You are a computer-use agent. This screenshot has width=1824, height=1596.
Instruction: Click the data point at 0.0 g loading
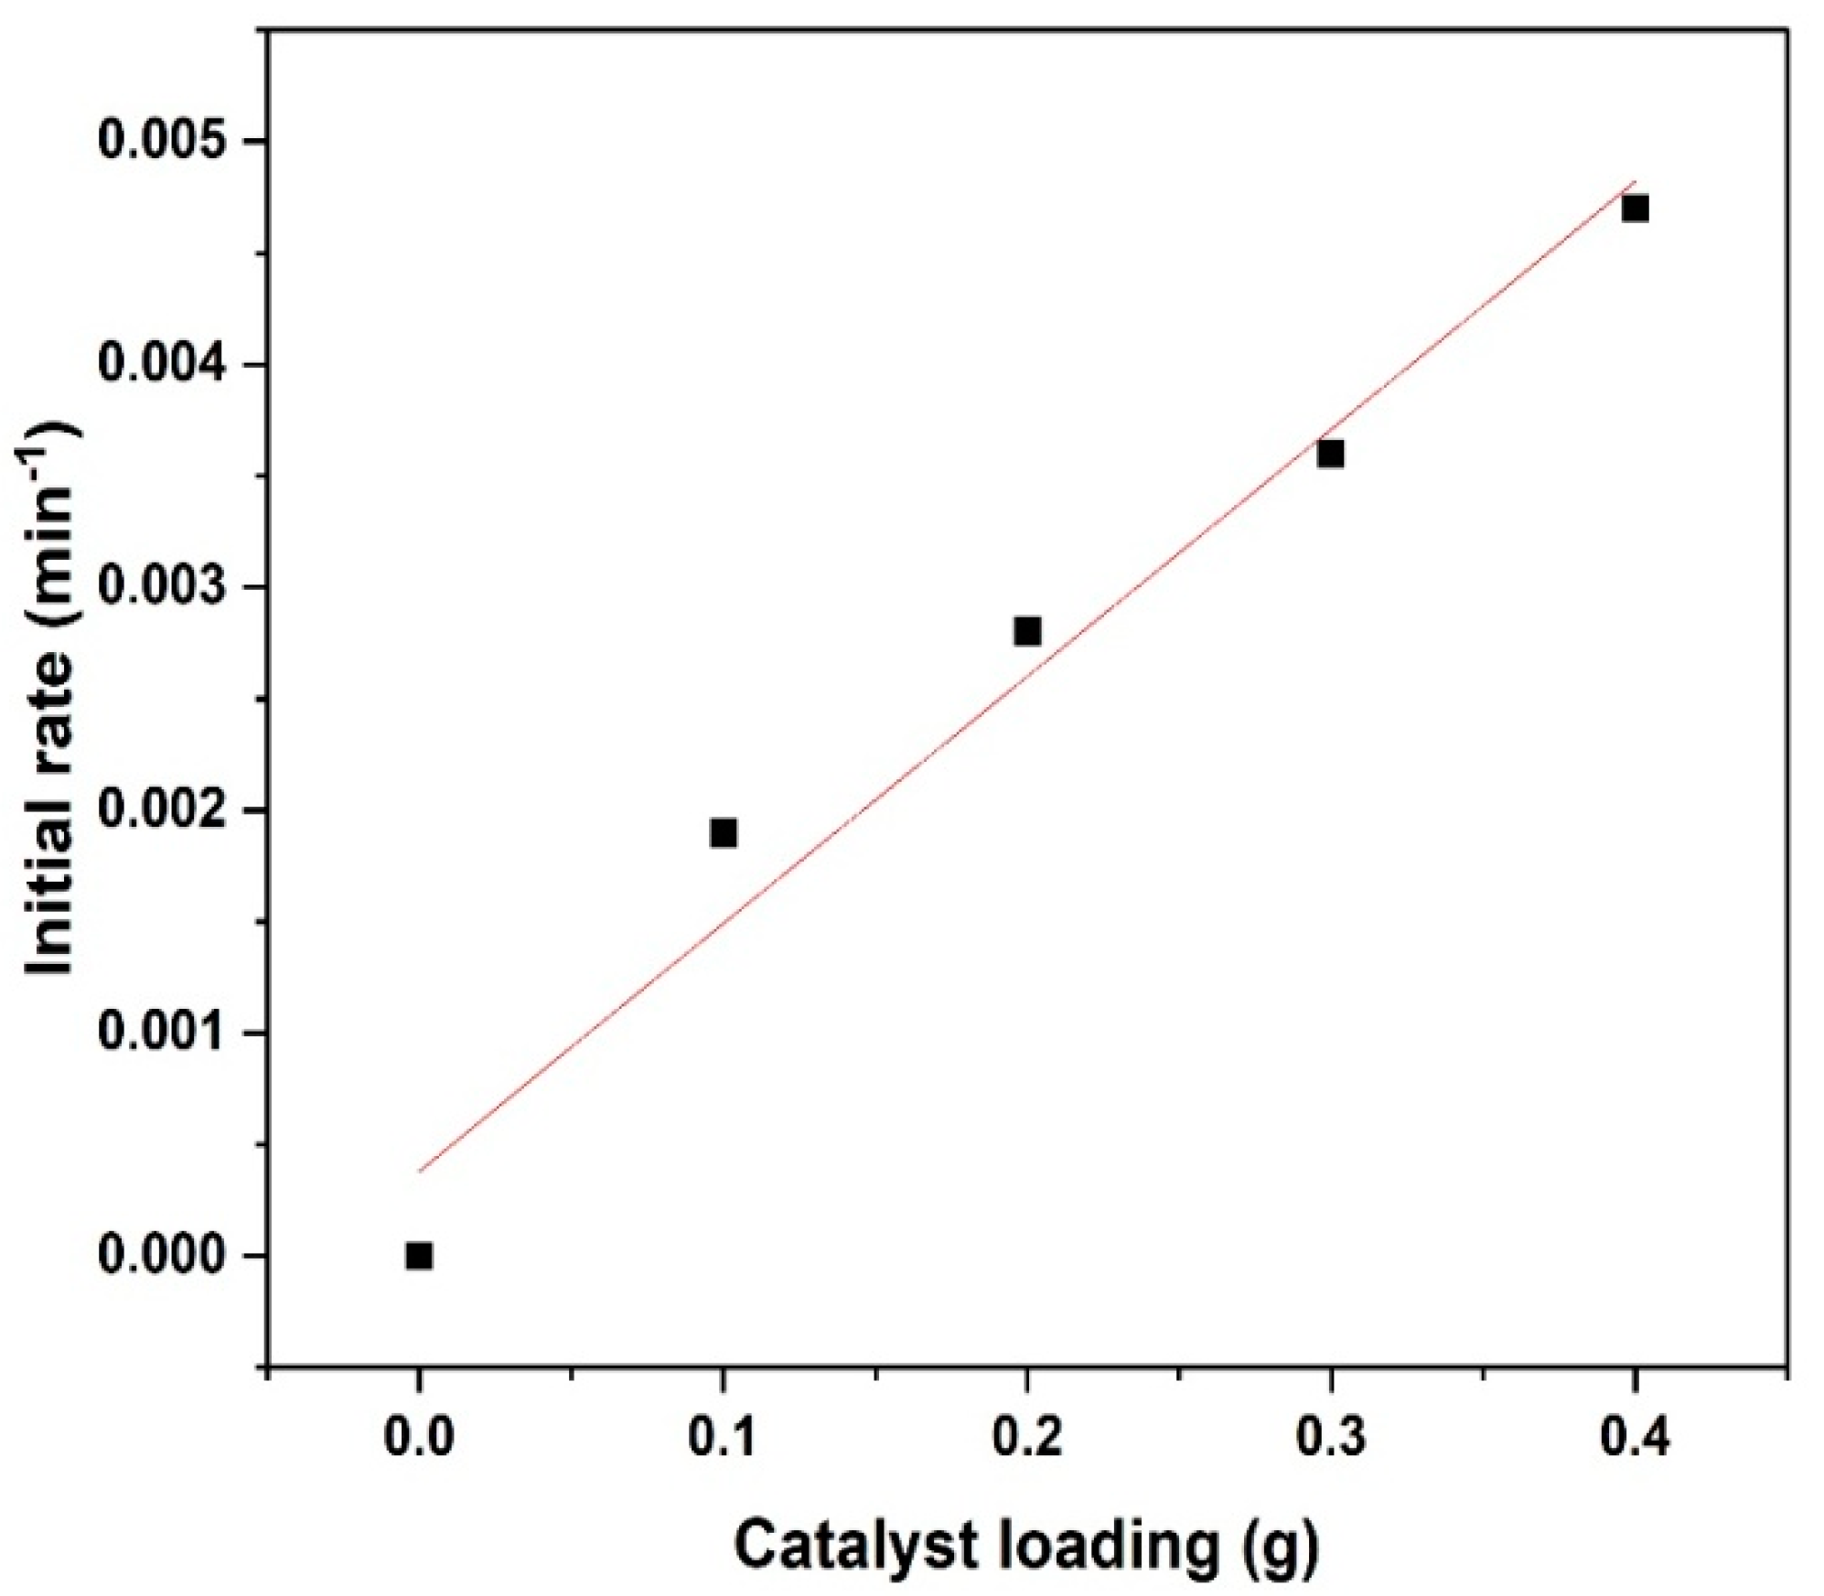419,1256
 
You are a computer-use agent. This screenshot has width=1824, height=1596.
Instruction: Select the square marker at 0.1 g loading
723,833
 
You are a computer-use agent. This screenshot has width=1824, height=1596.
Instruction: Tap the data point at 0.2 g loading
1027,631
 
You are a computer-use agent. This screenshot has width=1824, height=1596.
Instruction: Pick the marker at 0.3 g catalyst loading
1331,454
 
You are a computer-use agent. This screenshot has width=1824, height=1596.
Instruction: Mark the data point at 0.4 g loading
1635,209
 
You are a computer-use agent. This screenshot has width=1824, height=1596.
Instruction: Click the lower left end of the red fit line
421,1169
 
